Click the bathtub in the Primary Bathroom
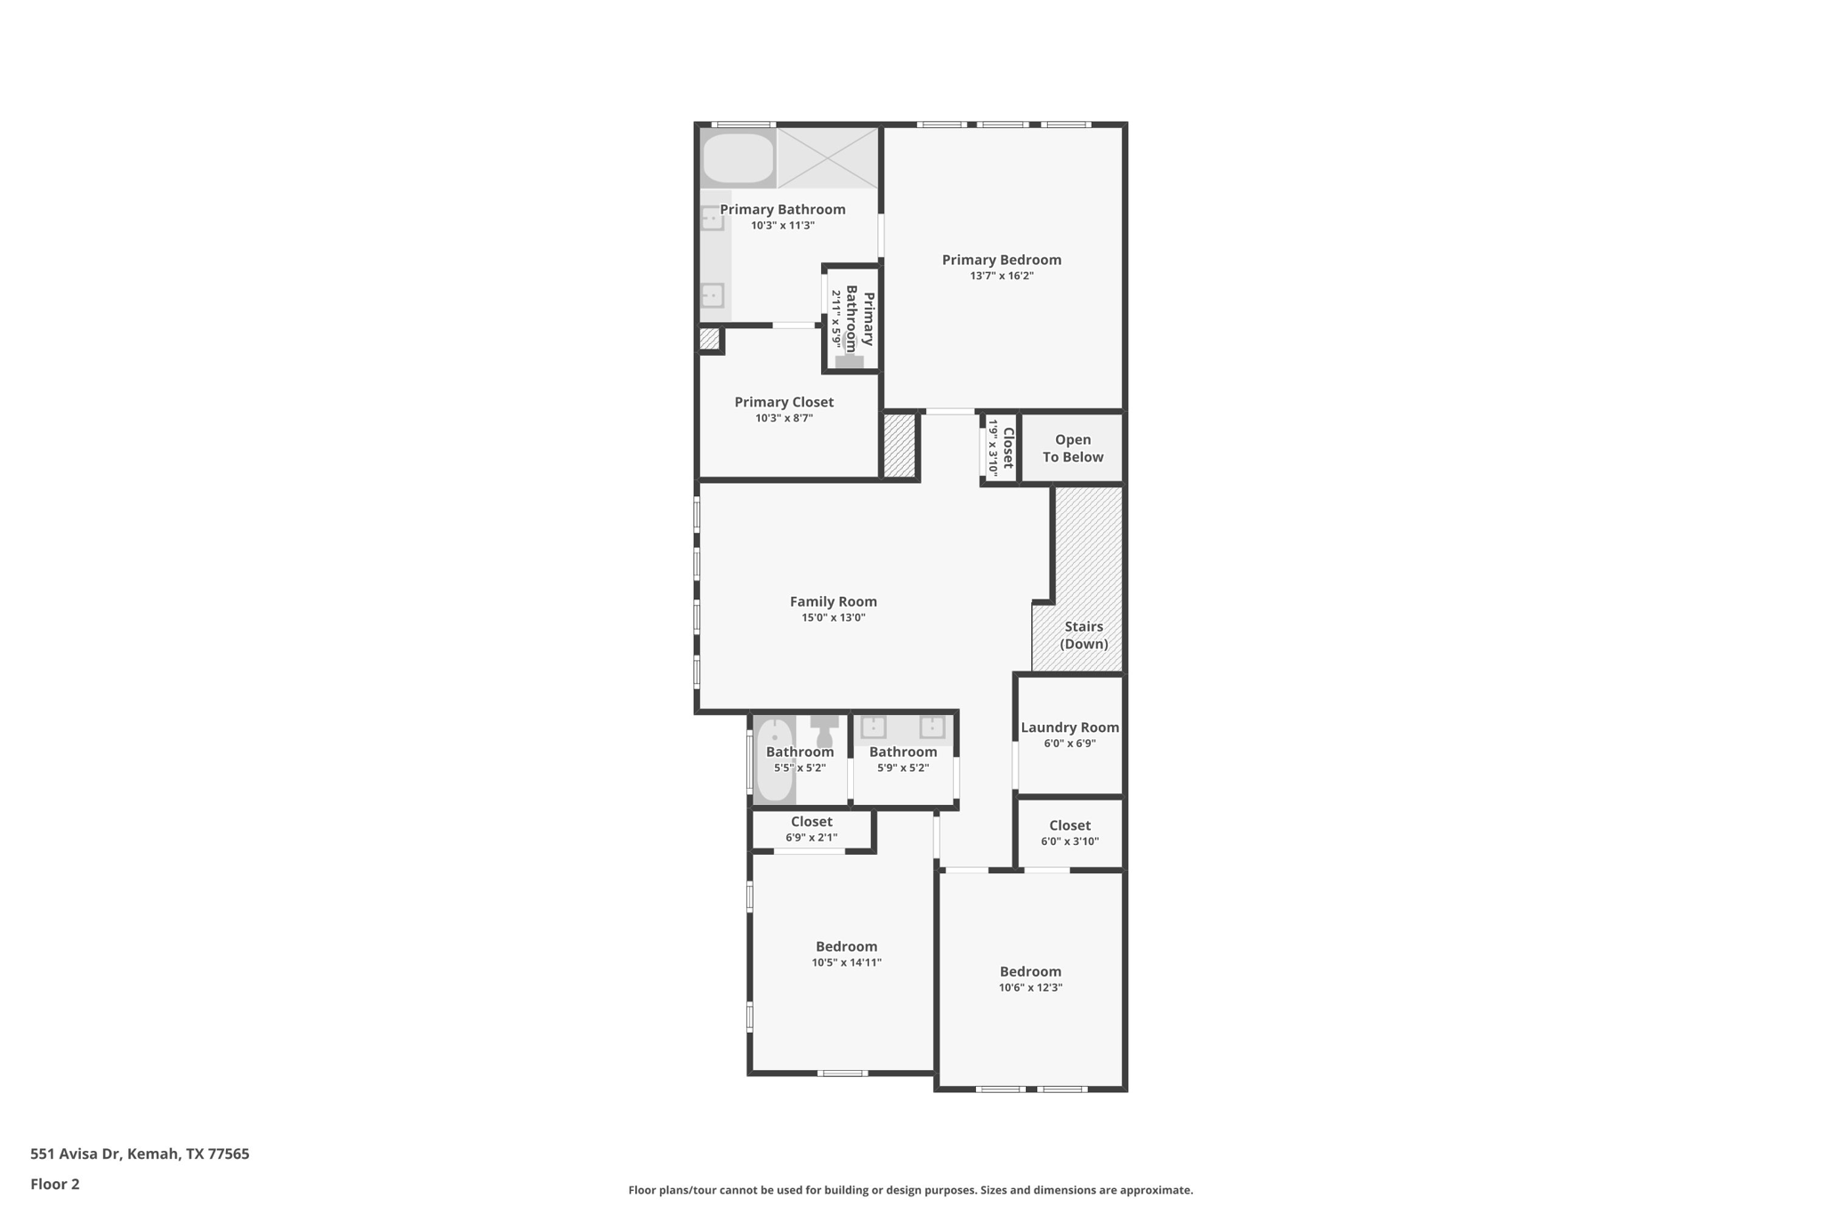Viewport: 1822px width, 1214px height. coord(738,158)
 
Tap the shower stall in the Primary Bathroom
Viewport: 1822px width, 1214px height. coord(827,157)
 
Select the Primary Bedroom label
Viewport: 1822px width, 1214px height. coord(1001,260)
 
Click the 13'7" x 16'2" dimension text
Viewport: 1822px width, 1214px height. coord(1001,276)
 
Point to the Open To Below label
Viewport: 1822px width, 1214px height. coord(1072,448)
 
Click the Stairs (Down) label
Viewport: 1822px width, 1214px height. coord(1084,635)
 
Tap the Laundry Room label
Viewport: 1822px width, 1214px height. coord(1069,728)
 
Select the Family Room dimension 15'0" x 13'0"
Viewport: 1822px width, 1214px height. coord(833,617)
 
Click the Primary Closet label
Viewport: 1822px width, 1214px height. coord(784,402)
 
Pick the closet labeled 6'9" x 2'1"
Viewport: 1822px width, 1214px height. coord(811,829)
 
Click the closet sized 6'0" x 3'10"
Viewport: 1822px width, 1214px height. coord(1069,832)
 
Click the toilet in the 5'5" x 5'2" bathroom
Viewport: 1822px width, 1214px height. coord(825,730)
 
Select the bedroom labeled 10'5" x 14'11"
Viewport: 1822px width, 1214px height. coord(846,953)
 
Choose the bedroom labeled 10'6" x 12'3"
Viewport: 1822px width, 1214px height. coord(1030,978)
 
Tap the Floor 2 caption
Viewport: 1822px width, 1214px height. coord(55,1184)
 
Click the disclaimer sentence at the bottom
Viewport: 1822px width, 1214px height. coord(910,1190)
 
